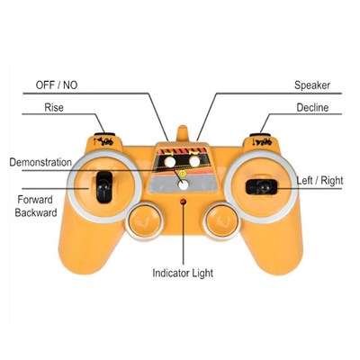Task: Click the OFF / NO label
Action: tap(57, 85)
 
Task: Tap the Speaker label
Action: tap(312, 85)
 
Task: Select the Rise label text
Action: tap(54, 107)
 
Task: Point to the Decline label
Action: tap(312, 107)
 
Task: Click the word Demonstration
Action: tap(40, 162)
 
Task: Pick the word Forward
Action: tap(35, 200)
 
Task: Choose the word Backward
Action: tap(36, 212)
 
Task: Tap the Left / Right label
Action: tap(319, 181)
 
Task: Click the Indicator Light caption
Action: tap(183, 274)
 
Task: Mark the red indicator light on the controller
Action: tap(183, 202)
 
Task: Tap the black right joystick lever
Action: tap(261, 187)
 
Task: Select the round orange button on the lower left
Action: tap(145, 221)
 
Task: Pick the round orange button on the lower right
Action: tap(222, 221)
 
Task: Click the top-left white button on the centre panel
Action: tap(169, 162)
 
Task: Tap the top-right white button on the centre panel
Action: tap(194, 162)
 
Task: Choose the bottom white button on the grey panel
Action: tap(183, 185)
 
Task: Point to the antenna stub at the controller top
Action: tap(183, 133)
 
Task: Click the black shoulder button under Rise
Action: tap(104, 135)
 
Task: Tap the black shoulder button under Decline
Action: tap(260, 135)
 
